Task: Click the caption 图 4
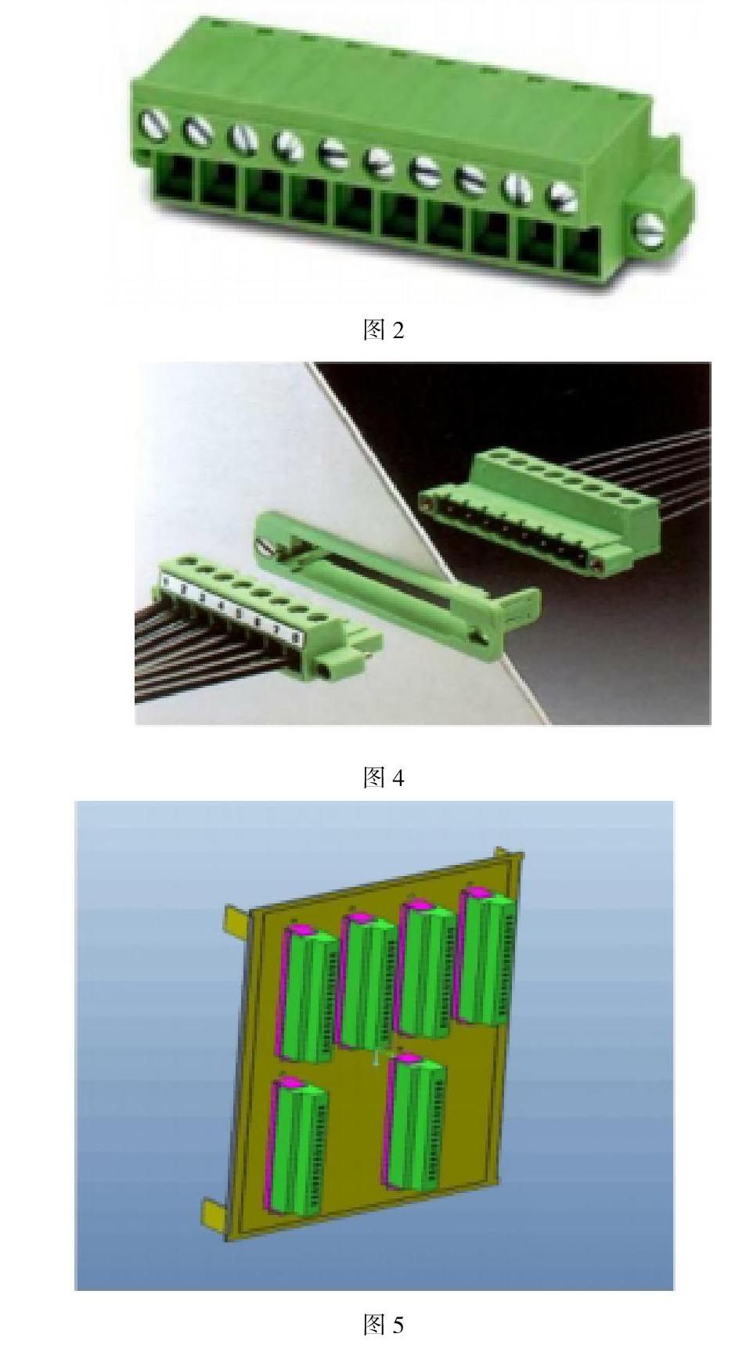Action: (x=384, y=777)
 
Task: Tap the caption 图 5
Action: (x=384, y=1325)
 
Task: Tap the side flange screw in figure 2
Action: (x=649, y=229)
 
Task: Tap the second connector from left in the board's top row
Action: (x=367, y=981)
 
